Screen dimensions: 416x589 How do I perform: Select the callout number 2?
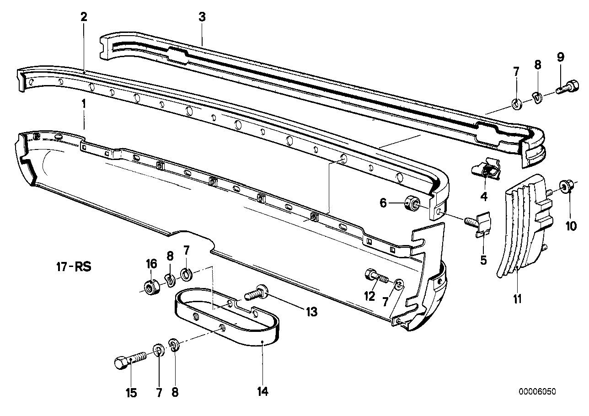pyautogui.click(x=83, y=17)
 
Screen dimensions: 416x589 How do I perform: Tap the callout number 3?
pyautogui.click(x=202, y=17)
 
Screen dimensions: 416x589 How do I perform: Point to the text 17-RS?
pyautogui.click(x=72, y=266)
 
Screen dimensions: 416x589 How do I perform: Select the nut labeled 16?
pyautogui.click(x=150, y=287)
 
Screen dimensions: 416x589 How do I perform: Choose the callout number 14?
pyautogui.click(x=262, y=391)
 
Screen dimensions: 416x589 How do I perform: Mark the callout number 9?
pyautogui.click(x=560, y=58)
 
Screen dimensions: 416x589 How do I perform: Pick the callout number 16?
pyautogui.click(x=151, y=263)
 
